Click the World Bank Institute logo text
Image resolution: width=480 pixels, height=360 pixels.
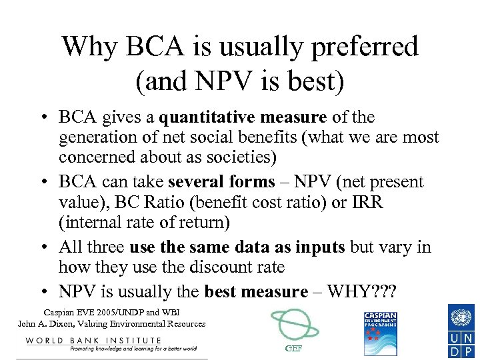point(93,341)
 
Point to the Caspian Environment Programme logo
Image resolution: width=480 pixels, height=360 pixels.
point(380,333)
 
